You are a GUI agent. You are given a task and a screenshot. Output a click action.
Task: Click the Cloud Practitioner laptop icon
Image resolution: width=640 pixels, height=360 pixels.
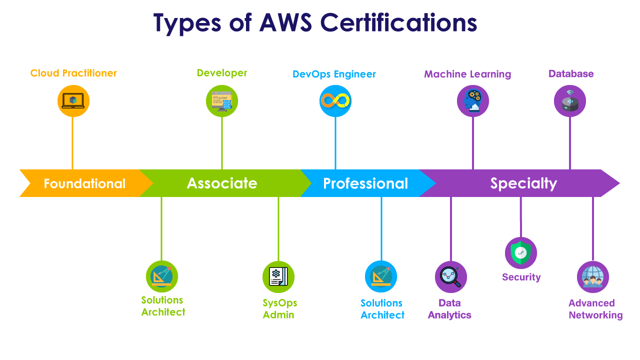(73, 101)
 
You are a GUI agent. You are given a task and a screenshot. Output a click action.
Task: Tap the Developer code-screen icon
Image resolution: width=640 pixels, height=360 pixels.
(222, 101)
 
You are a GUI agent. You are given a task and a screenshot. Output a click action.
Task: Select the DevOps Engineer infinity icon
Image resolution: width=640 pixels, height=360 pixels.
(335, 101)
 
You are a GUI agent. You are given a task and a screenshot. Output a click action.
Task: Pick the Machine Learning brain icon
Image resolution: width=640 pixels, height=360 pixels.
(472, 101)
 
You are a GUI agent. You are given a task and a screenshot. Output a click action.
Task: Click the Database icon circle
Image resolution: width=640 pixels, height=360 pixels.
(569, 101)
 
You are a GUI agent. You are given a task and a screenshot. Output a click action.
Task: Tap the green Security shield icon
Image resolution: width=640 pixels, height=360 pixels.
(520, 253)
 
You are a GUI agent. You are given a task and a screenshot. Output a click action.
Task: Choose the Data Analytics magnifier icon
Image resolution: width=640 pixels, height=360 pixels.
(450, 276)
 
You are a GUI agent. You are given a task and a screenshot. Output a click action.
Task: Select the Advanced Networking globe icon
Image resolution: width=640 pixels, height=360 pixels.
(592, 276)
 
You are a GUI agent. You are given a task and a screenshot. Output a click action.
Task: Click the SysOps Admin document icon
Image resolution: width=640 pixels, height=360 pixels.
(278, 276)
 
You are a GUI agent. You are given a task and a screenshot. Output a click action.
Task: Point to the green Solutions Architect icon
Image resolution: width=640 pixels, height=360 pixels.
(161, 276)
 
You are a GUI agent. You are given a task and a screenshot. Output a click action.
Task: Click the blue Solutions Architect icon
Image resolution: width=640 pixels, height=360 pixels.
(381, 276)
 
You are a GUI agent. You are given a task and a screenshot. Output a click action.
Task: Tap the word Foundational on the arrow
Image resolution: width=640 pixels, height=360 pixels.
(84, 183)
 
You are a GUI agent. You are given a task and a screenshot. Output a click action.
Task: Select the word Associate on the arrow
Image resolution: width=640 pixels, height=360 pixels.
(222, 183)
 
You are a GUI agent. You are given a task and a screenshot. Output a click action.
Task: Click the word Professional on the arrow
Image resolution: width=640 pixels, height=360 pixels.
(365, 183)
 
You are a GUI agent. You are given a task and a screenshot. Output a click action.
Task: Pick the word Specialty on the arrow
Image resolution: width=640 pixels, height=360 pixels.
(523, 183)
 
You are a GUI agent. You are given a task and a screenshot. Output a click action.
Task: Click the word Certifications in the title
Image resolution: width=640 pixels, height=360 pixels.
(398, 23)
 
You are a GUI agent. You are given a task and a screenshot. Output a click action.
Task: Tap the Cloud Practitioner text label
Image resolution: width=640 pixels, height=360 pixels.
(73, 73)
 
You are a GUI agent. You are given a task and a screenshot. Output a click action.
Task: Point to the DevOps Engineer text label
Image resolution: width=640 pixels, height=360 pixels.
(334, 74)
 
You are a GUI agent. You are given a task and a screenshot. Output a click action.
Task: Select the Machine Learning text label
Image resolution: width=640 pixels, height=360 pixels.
(467, 74)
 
